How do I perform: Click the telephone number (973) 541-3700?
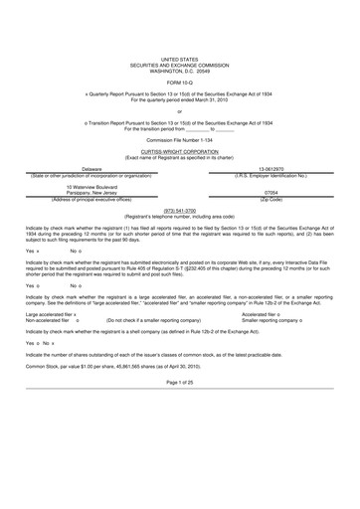[179, 210]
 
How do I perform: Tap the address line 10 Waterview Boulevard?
[91, 187]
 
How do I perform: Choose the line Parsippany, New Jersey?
[91, 193]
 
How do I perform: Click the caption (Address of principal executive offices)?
[91, 199]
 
